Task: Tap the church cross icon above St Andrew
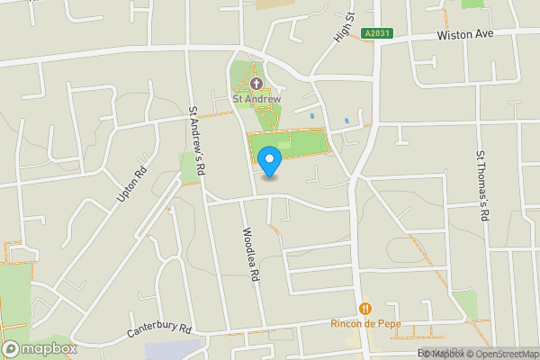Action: [256, 84]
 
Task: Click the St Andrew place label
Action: [256, 99]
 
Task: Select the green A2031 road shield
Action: [378, 33]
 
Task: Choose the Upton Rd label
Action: [130, 184]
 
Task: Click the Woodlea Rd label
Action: [250, 255]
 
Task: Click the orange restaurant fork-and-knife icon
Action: [364, 309]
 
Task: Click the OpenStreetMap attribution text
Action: [501, 354]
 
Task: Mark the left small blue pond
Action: [311, 115]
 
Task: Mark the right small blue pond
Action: [346, 120]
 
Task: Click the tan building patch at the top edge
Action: [268, 4]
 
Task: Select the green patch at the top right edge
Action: [472, 4]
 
